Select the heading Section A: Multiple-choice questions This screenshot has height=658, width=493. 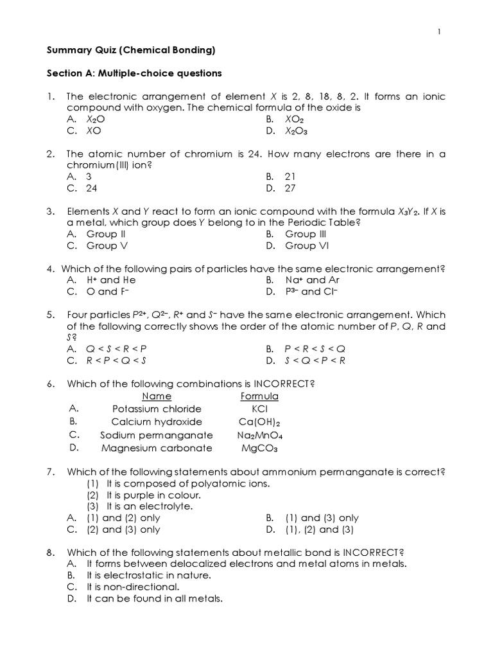135,74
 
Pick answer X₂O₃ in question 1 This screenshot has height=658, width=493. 297,131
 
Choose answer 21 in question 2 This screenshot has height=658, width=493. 290,176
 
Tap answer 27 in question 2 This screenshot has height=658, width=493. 290,188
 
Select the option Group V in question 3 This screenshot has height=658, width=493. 110,245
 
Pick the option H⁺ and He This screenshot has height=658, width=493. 111,280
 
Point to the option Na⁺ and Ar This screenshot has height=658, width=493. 312,280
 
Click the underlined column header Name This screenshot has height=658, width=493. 157,396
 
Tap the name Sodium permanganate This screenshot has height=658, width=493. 157,435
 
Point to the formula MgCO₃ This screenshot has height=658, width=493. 259,448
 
